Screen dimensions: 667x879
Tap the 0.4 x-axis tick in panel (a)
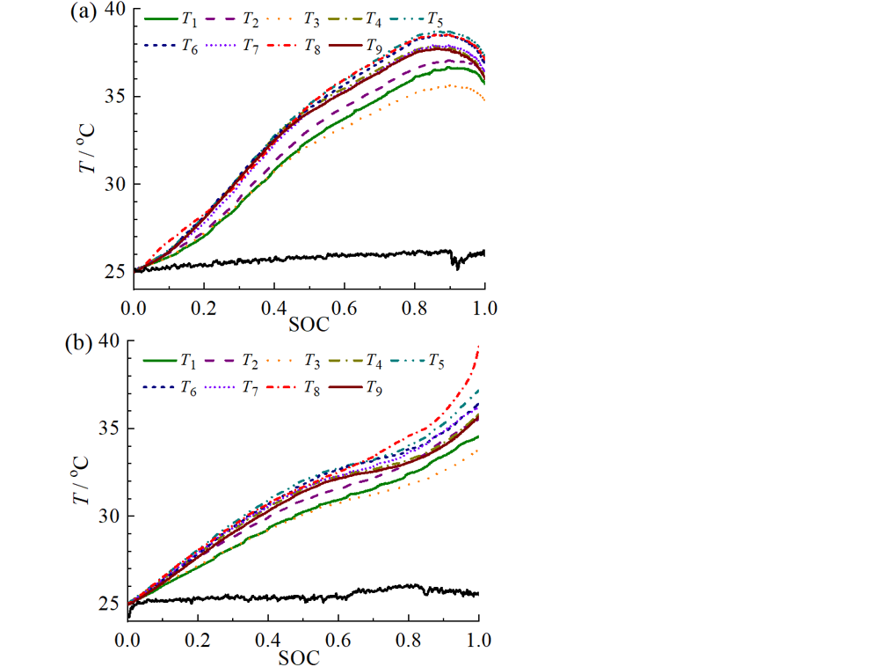[x=274, y=309]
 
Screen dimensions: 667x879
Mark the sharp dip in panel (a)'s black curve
[x=457, y=266]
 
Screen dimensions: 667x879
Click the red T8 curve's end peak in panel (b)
[x=478, y=347]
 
